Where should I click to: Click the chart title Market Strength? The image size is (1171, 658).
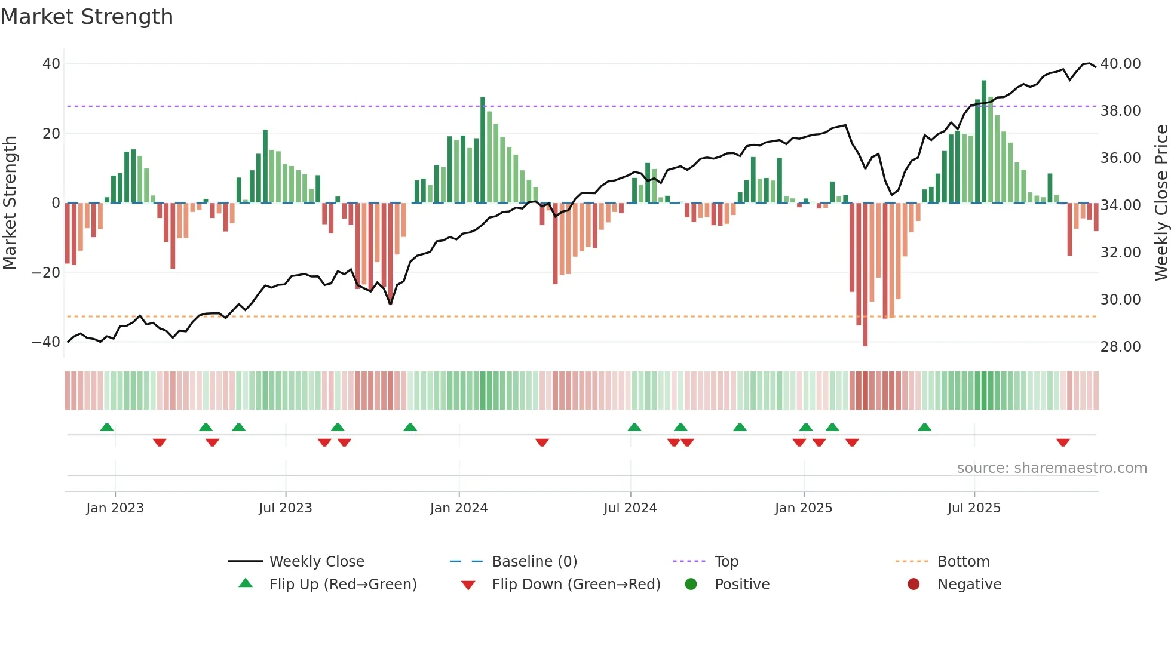pyautogui.click(x=87, y=17)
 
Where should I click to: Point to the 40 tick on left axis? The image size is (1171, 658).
pyautogui.click(x=51, y=64)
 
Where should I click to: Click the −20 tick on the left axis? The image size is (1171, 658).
pyautogui.click(x=46, y=273)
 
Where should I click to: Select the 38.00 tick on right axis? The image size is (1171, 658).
pyautogui.click(x=1120, y=111)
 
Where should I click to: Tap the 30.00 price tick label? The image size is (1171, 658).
pyautogui.click(x=1120, y=300)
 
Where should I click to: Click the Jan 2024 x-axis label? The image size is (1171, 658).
pyautogui.click(x=458, y=508)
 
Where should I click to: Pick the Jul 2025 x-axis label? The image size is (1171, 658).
pyautogui.click(x=973, y=508)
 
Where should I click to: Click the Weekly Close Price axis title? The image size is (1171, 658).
pyautogui.click(x=1161, y=203)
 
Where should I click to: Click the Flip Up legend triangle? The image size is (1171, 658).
pyautogui.click(x=246, y=583)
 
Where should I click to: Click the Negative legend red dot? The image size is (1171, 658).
pyautogui.click(x=913, y=585)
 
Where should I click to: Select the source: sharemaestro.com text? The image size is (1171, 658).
pyautogui.click(x=1052, y=468)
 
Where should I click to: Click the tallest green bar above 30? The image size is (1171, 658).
pyautogui.click(x=983, y=142)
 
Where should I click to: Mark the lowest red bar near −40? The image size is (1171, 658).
pyautogui.click(x=865, y=275)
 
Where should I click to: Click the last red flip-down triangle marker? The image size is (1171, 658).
pyautogui.click(x=1062, y=442)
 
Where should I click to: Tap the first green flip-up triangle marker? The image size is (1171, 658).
pyautogui.click(x=107, y=428)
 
